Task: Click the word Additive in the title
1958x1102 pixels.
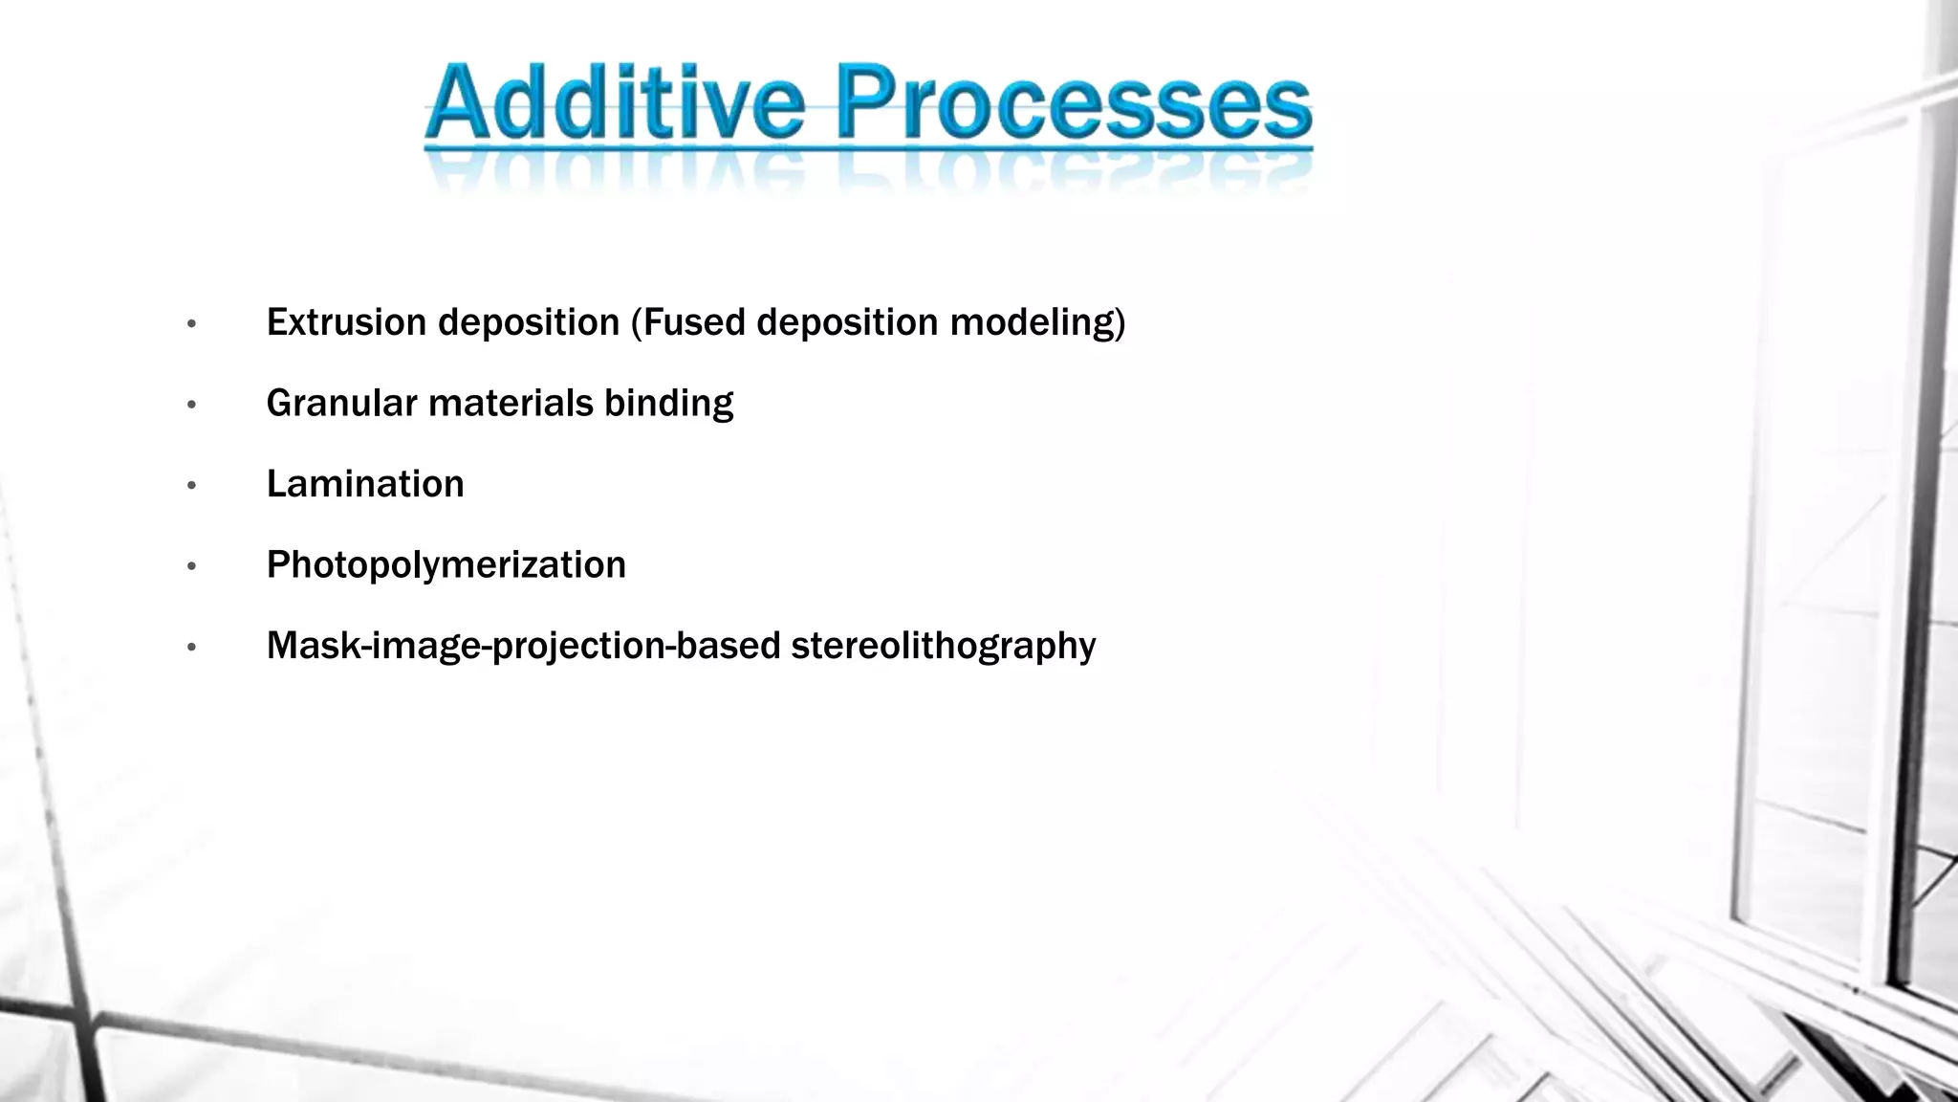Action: coord(615,102)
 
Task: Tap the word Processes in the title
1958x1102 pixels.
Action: coord(1074,102)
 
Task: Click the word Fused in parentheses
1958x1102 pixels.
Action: coord(694,322)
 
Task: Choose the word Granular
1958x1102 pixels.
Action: coord(341,404)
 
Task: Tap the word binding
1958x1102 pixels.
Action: coord(668,404)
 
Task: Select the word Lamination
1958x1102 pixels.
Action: coord(365,484)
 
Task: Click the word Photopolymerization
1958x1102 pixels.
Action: coord(446,565)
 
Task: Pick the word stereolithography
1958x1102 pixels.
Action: coord(943,647)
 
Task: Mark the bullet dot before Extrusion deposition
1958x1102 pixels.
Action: coord(191,324)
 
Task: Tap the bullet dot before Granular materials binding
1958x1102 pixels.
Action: coord(191,406)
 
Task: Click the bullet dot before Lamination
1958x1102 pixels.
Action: coord(191,486)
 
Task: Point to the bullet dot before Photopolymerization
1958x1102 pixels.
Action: coord(191,567)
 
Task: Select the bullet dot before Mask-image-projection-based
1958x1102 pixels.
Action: coord(191,648)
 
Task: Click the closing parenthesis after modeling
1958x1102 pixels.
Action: coord(1121,323)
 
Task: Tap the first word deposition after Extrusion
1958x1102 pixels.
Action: coord(529,323)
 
